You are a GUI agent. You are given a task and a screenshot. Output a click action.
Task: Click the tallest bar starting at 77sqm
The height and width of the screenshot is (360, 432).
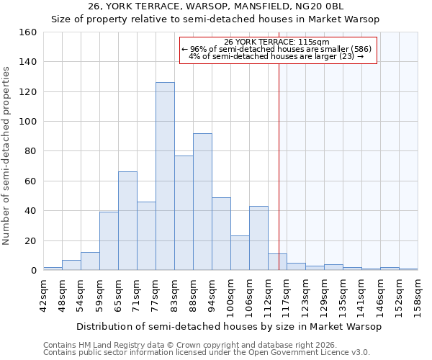165,176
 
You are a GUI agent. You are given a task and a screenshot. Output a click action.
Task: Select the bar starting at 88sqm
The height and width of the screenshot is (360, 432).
202,202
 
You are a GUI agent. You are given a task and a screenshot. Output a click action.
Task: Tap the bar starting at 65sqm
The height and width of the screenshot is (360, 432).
127,221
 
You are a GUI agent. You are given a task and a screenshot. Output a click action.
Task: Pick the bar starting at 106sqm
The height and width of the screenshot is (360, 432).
258,238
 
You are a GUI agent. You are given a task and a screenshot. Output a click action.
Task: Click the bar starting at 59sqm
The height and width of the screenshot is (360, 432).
109,241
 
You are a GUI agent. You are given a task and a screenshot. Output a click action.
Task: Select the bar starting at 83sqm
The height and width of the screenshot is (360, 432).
184,213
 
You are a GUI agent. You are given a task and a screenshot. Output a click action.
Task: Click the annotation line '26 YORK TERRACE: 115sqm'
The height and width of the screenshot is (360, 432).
276,42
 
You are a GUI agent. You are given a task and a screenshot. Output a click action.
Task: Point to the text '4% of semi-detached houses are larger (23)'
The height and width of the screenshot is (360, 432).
276,56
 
